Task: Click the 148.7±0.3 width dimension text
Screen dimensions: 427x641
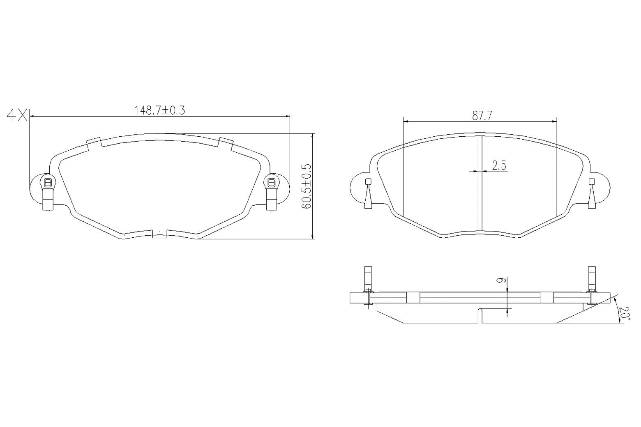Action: tap(160, 110)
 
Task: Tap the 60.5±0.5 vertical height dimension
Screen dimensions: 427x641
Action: tap(307, 186)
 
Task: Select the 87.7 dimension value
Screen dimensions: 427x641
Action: tap(482, 116)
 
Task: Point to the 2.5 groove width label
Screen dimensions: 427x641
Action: tap(499, 165)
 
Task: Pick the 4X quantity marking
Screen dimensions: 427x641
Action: tap(16, 115)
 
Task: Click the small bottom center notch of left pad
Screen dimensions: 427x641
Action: tap(159, 234)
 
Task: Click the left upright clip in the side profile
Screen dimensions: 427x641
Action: tap(368, 283)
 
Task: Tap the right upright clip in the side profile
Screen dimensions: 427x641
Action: tap(592, 283)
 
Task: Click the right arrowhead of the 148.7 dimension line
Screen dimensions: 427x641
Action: tap(287, 117)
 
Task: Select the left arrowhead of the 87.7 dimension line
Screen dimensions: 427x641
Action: tap(406, 122)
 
